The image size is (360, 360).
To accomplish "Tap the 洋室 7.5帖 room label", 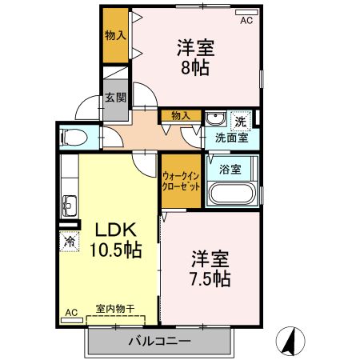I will point(210,269).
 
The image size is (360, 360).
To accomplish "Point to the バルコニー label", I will point(159,342).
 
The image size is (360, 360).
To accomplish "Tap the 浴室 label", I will point(230,170).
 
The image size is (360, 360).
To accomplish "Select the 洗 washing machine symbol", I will point(240,122).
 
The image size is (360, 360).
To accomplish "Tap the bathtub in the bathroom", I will point(230,194).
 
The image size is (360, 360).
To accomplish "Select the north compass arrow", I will point(292,342).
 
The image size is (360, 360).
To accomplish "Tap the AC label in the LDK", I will point(70,311).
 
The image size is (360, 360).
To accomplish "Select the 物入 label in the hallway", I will point(180,115).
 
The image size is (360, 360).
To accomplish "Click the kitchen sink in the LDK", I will point(69,201).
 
